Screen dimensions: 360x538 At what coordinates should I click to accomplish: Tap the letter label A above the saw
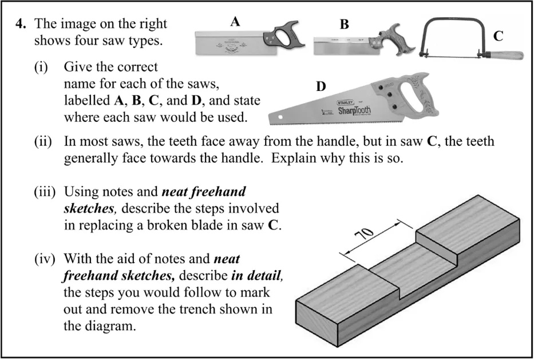tap(235, 22)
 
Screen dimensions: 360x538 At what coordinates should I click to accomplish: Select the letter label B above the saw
tap(344, 25)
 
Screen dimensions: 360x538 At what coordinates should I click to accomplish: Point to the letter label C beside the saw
tap(498, 36)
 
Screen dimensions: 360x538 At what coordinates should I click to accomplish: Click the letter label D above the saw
tap(321, 87)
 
